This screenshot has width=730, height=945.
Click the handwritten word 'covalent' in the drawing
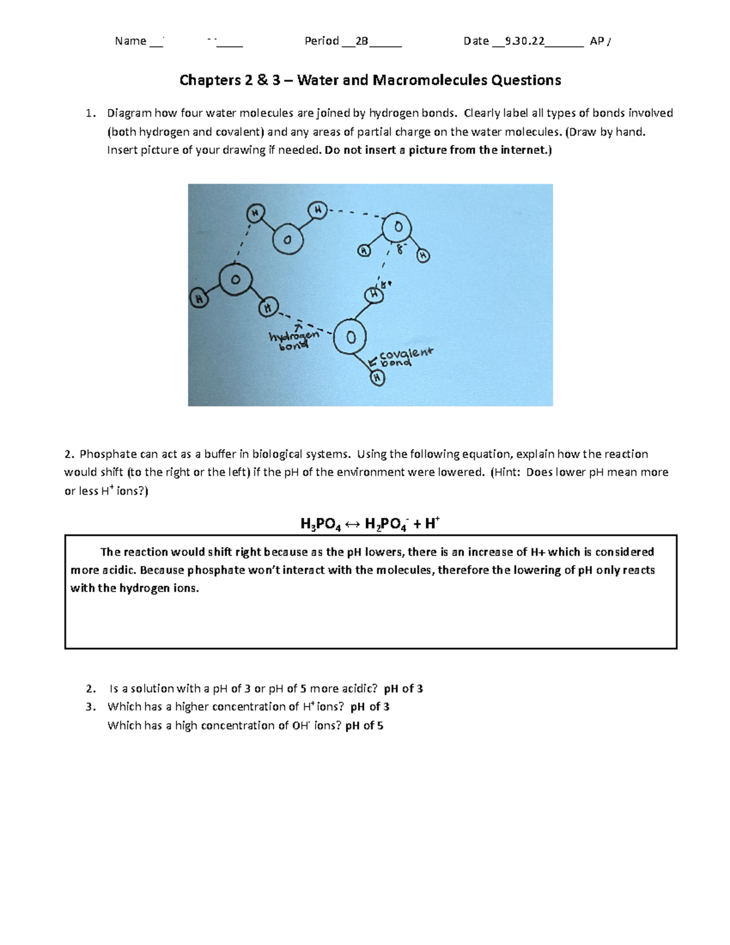(x=406, y=354)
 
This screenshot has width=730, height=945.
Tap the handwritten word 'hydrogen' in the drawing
(x=294, y=336)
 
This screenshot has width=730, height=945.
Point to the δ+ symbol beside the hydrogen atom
(x=386, y=284)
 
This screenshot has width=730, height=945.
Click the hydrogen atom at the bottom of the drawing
(x=378, y=378)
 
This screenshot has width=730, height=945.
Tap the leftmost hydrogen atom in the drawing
(x=198, y=299)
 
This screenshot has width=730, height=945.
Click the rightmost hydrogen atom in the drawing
(x=423, y=256)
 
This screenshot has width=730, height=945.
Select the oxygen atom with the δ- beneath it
(x=398, y=227)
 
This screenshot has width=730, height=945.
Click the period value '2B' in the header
(x=362, y=41)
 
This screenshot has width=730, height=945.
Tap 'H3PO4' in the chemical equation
(x=321, y=525)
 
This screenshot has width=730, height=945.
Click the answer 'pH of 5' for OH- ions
(x=364, y=725)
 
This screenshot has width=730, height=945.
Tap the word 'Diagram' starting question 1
(x=129, y=113)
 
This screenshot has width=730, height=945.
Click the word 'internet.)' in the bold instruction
(x=526, y=150)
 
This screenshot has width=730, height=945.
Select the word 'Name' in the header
(x=130, y=41)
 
